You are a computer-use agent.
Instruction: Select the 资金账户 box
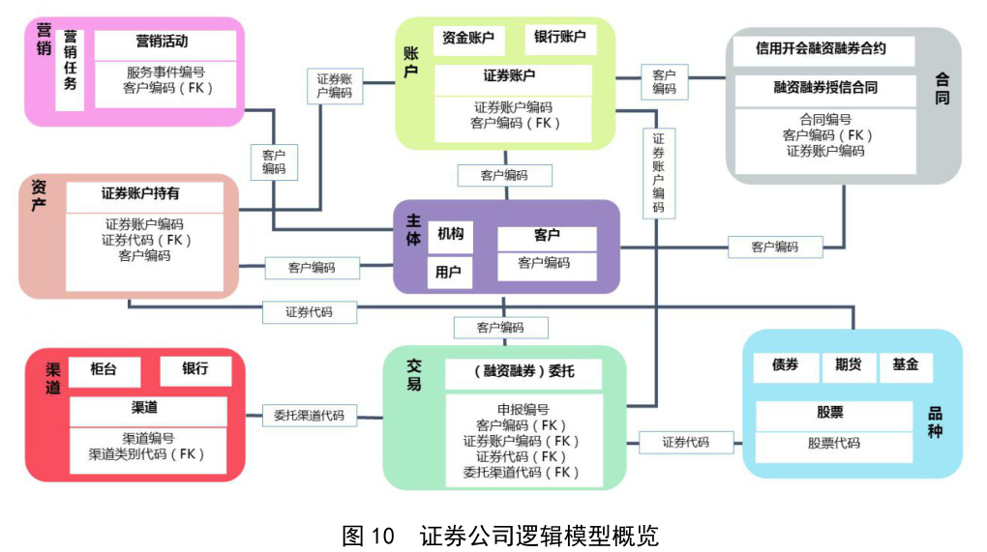pyautogui.click(x=467, y=39)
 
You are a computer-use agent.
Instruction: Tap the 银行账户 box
pyautogui.click(x=560, y=39)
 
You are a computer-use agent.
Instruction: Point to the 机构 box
pyautogui.click(x=450, y=235)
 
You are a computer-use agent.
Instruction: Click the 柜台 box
pyautogui.click(x=104, y=370)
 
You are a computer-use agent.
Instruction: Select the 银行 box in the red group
pyautogui.click(x=195, y=370)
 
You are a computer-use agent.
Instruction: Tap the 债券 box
pyautogui.click(x=785, y=366)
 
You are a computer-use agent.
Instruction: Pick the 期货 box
pyautogui.click(x=848, y=366)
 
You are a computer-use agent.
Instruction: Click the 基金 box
pyautogui.click(x=906, y=366)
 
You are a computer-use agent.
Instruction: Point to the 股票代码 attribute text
pyautogui.click(x=833, y=444)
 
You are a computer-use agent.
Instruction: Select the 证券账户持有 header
pyautogui.click(x=140, y=194)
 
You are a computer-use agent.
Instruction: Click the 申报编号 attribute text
pyautogui.click(x=523, y=409)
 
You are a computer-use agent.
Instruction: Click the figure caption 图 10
pyautogui.click(x=370, y=535)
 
